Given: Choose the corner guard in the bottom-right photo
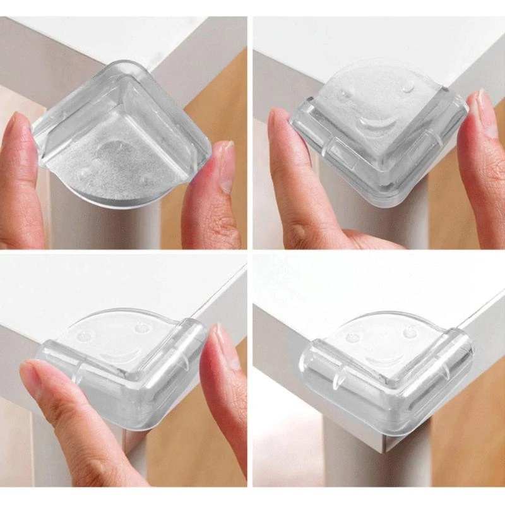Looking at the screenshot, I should click(x=385, y=366).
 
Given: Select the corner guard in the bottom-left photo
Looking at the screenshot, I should click(x=126, y=372).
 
